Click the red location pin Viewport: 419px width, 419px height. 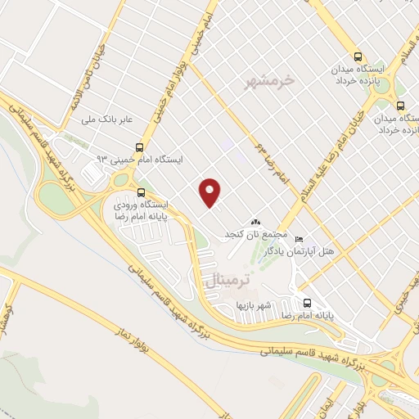tap(211, 191)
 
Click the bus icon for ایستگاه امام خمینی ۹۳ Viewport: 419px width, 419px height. tap(140, 148)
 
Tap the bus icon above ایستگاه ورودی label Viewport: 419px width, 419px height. tap(140, 192)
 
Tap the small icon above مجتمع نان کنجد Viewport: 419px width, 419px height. tap(255, 221)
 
